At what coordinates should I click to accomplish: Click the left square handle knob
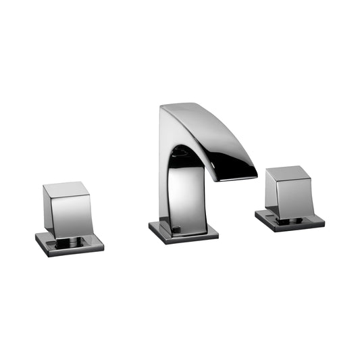66,207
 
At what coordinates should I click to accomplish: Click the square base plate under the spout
183,230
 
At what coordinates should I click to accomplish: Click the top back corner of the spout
163,108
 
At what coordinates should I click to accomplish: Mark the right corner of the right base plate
324,222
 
